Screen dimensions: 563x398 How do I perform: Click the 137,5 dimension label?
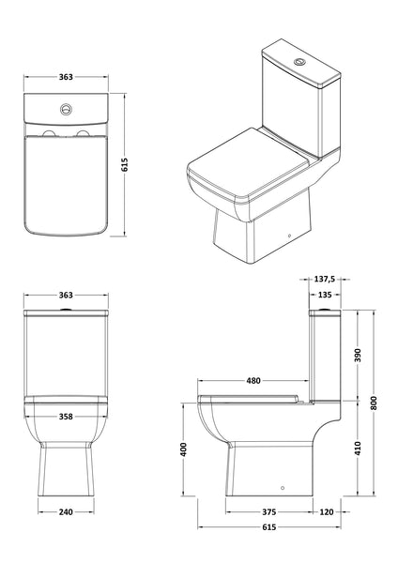325,279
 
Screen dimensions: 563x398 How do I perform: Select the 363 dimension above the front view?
66,295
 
